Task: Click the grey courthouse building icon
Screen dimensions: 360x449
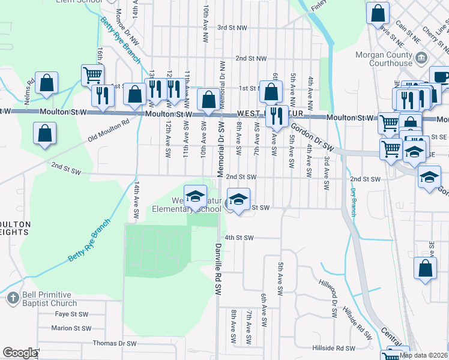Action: [421, 58]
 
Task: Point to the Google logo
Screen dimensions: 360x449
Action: [19, 353]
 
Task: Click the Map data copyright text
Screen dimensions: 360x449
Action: [423, 355]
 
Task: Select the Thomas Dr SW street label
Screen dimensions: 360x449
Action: [115, 344]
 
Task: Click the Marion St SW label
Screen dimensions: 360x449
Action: [71, 328]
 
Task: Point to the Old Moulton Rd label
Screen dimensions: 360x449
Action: [109, 128]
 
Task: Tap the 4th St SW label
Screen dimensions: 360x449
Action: [240, 238]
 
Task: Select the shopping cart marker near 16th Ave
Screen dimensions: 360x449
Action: [92, 75]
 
